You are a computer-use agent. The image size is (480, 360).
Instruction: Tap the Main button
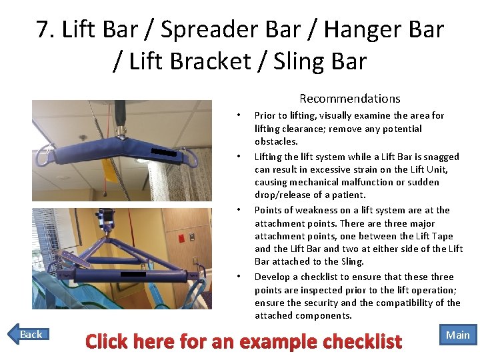point(457,335)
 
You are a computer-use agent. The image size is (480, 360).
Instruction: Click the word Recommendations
point(349,99)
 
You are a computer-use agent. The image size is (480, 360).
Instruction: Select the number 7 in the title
point(44,29)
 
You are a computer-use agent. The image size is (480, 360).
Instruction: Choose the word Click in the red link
point(111,342)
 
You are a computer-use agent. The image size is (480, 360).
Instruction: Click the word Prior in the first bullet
point(265,115)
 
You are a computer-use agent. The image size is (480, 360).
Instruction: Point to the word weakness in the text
point(301,210)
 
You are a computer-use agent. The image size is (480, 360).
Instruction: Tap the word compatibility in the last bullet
point(411,303)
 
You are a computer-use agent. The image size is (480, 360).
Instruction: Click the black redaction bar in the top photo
point(163,152)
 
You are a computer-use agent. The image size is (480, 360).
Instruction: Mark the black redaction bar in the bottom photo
point(133,273)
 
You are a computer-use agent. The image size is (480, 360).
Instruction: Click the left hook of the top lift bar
point(42,156)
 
